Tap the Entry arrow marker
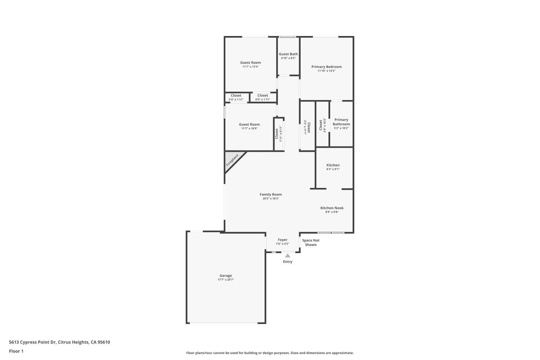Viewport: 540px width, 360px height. click(x=288, y=256)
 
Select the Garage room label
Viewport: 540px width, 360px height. click(x=226, y=276)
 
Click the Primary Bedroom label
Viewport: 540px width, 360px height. click(x=326, y=67)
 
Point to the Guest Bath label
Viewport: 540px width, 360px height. click(x=288, y=54)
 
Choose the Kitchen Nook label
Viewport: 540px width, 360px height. click(x=332, y=208)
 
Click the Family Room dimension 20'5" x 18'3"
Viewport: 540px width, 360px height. click(x=271, y=199)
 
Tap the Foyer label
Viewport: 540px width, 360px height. click(x=283, y=240)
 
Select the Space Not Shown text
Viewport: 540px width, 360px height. click(x=311, y=243)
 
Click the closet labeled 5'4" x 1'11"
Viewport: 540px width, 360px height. click(x=236, y=98)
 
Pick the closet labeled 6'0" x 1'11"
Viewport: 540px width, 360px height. click(x=262, y=98)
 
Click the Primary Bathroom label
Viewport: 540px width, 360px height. click(x=341, y=122)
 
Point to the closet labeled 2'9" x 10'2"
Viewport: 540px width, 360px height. click(x=322, y=125)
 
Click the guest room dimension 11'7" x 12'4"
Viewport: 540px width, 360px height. click(x=251, y=67)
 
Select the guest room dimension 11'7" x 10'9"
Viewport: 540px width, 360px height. click(x=249, y=129)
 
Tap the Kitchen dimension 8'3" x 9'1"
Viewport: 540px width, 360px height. click(x=333, y=169)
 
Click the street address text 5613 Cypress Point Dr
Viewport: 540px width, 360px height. click(x=59, y=342)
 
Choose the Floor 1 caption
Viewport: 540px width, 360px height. click(x=16, y=351)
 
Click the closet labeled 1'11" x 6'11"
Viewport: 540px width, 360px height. click(x=279, y=134)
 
